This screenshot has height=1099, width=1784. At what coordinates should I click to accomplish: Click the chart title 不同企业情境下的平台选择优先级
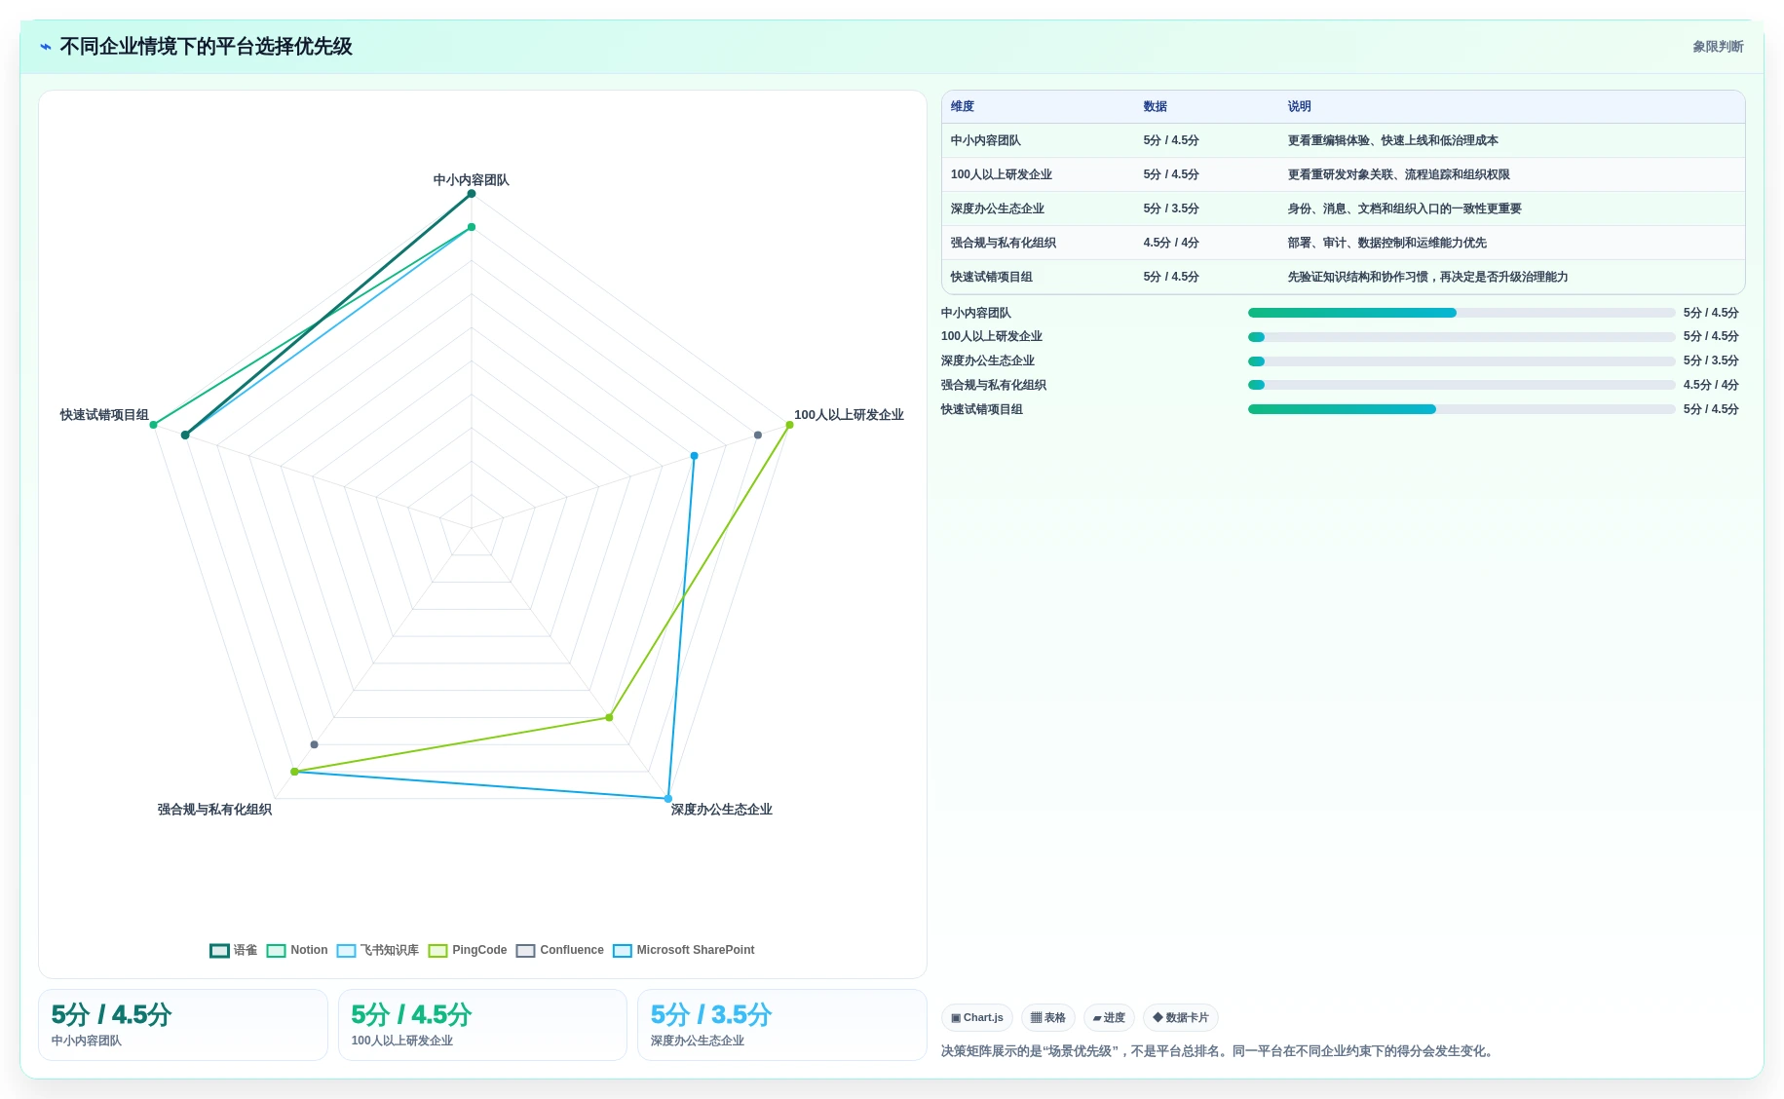(206, 47)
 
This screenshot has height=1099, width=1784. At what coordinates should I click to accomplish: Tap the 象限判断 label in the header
(1718, 47)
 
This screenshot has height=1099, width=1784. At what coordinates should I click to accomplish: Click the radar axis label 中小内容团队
(471, 180)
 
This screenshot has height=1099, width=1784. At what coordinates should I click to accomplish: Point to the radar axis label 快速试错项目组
(104, 415)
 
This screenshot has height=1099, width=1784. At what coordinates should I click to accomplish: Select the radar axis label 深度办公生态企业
(721, 810)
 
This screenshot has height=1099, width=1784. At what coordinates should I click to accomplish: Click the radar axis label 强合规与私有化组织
(214, 810)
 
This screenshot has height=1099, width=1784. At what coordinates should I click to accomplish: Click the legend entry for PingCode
(468, 950)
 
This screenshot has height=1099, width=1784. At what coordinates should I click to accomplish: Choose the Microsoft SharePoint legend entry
(684, 950)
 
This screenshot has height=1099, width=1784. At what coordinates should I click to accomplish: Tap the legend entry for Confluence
(560, 950)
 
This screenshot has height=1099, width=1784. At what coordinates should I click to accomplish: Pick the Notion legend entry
(297, 950)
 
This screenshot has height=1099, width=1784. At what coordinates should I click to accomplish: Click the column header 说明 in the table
(1299, 106)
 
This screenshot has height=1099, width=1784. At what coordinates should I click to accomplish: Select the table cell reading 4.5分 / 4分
(1171, 243)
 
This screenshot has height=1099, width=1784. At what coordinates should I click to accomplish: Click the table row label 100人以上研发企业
(1001, 174)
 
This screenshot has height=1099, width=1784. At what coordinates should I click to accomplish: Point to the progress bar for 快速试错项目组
(1461, 409)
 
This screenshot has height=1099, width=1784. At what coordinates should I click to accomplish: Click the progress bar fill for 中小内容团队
(1352, 313)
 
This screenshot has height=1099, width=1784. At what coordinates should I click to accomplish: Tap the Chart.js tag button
(977, 1017)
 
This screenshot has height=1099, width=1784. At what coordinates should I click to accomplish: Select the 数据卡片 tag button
(1181, 1017)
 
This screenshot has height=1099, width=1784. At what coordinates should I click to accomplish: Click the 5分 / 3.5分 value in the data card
(711, 1015)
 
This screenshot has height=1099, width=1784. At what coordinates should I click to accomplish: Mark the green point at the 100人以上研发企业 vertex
(789, 425)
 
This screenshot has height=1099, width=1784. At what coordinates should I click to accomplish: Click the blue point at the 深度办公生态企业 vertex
(668, 799)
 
